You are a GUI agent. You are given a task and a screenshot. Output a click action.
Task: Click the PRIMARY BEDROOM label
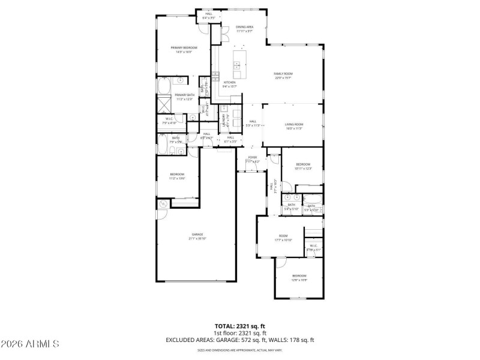(184, 47)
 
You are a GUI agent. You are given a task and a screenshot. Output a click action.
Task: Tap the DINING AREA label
(244, 27)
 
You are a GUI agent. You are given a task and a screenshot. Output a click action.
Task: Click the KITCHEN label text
(230, 82)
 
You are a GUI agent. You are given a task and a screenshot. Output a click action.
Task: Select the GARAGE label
(197, 234)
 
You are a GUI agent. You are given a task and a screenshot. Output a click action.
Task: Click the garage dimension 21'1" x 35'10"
(197, 239)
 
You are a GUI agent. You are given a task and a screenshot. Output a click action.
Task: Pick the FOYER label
(253, 157)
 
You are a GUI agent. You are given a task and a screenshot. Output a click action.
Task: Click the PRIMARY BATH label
(184, 95)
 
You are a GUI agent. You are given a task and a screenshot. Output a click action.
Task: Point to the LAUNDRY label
(223, 120)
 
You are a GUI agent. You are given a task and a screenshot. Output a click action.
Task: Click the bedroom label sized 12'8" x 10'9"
(299, 275)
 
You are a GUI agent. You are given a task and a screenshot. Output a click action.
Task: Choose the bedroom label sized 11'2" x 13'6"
(176, 174)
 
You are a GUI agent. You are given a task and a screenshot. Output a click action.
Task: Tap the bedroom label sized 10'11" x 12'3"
(302, 164)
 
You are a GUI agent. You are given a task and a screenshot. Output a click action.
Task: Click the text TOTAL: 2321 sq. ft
(239, 326)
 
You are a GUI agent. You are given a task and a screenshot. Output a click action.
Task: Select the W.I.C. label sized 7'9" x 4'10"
(170, 119)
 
